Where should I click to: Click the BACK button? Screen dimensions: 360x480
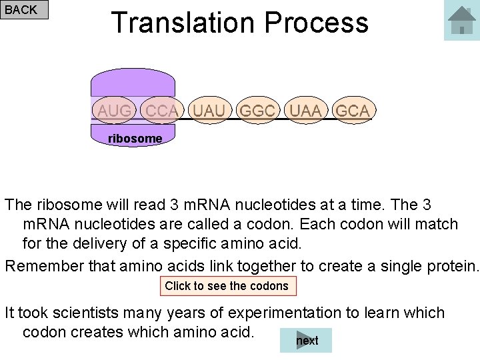coord(25,9)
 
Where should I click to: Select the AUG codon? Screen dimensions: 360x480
coord(114,111)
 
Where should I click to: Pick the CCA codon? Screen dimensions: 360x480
coord(161,111)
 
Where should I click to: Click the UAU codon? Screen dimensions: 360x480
coord(209,111)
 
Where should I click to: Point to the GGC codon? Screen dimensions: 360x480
coord(257,111)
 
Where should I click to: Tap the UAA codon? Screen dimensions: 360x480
coord(305,111)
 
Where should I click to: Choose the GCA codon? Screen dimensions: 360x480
coord(353,111)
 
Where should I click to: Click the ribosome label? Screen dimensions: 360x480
coord(135,138)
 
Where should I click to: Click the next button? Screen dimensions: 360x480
coord(307,341)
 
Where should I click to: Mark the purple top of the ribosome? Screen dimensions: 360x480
coord(133,83)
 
